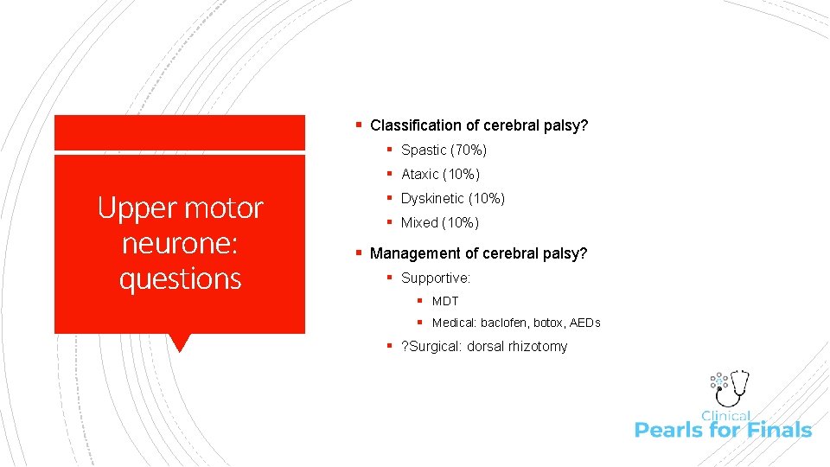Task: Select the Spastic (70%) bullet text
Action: point(444,150)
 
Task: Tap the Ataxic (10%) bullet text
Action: point(440,175)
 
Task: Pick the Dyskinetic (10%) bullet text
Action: point(452,199)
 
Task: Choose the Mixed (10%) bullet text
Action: point(439,223)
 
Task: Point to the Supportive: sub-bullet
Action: point(435,278)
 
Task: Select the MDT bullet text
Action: point(445,301)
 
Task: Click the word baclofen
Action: point(505,323)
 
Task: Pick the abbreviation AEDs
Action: point(584,323)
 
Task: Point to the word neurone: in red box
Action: point(180,243)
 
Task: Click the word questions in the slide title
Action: point(180,278)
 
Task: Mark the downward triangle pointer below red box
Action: point(180,342)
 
